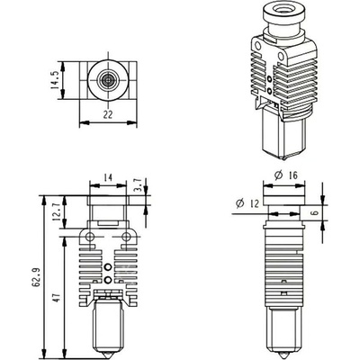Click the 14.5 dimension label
(x=56, y=80)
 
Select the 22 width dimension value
(x=107, y=115)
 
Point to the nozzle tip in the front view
(x=108, y=351)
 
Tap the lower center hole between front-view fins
(x=108, y=281)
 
